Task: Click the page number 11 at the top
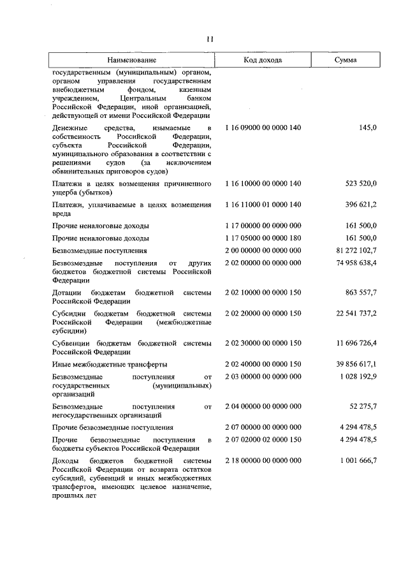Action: click(209, 40)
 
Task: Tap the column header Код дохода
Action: click(263, 60)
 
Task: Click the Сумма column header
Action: click(346, 60)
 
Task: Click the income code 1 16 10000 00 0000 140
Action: click(263, 184)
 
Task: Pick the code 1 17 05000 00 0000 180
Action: click(263, 238)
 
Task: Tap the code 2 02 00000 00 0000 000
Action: click(263, 263)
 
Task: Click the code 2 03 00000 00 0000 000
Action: click(263, 377)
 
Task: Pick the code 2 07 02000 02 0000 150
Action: click(263, 439)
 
